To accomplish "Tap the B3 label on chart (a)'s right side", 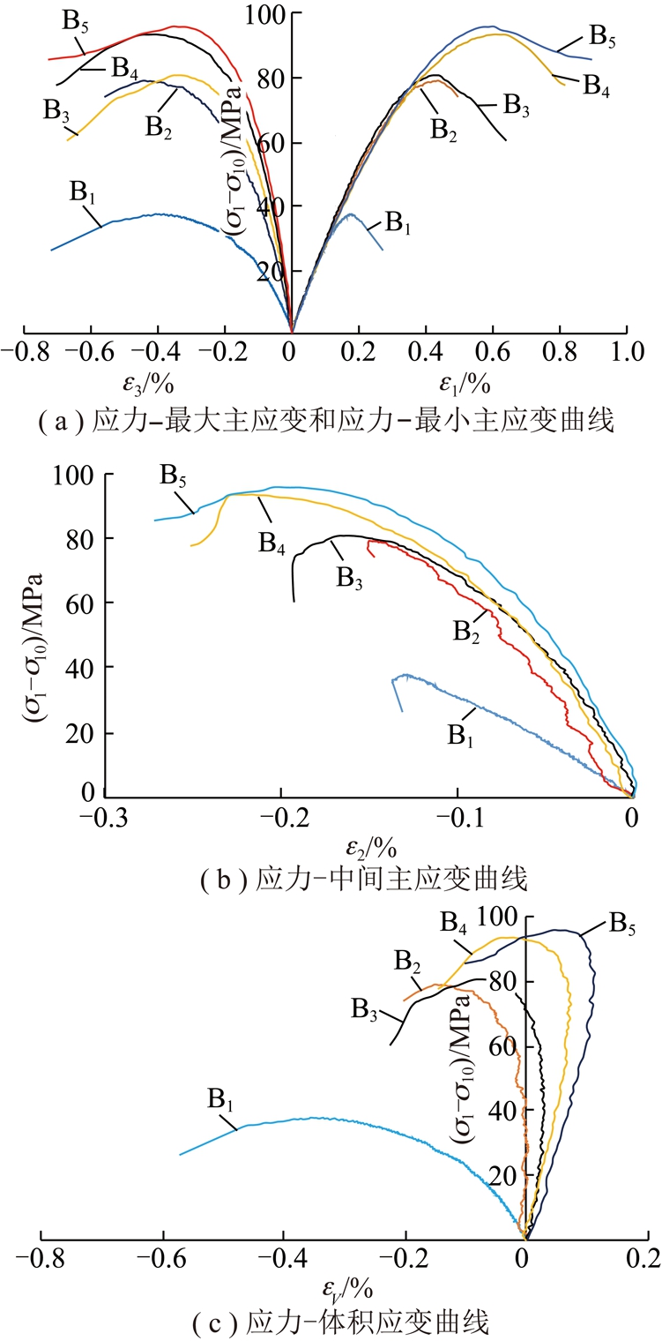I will pyautogui.click(x=516, y=104).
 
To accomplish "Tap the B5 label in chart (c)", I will pyautogui.click(x=622, y=925).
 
